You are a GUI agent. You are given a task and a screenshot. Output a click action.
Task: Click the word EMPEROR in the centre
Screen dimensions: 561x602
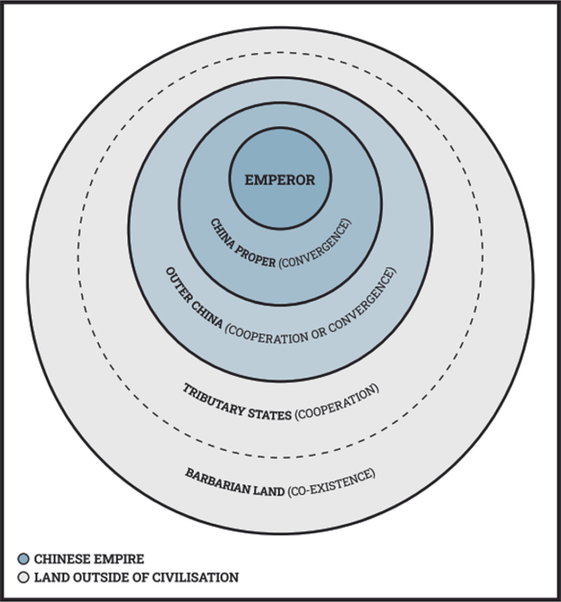tap(280, 179)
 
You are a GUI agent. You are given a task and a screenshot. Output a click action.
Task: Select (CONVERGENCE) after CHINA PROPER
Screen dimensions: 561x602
tap(315, 245)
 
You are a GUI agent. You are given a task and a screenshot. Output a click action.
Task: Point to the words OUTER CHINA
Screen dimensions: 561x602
tap(193, 299)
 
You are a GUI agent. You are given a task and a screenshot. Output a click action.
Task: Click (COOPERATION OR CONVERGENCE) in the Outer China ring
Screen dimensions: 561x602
tap(310, 307)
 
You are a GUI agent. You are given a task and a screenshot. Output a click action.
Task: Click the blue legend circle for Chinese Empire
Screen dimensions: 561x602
tap(24, 559)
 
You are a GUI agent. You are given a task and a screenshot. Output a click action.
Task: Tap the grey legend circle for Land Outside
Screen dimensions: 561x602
tap(24, 577)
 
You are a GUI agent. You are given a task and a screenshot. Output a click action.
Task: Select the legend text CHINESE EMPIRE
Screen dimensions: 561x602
tap(89, 559)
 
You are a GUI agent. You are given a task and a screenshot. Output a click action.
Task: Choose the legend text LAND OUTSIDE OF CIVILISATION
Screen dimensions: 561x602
tap(136, 577)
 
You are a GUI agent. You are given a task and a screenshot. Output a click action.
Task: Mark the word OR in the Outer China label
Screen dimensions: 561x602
tap(319, 333)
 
